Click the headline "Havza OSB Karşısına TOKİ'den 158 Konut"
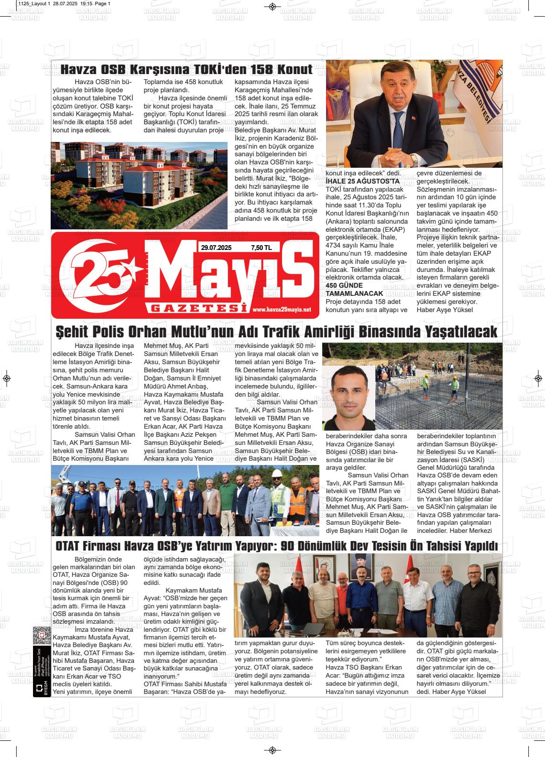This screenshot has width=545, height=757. tap(186, 69)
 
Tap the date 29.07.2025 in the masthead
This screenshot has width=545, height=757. tap(216, 248)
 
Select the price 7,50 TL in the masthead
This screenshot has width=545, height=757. tap(261, 248)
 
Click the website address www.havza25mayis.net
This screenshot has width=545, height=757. tap(281, 310)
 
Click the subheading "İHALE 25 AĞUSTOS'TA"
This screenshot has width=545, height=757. tap(362, 182)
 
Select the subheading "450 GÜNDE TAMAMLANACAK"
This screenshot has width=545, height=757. tap(354, 289)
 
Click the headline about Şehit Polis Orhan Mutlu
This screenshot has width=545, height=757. tap(276, 332)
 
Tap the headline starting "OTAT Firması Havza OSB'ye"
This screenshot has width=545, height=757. tap(276, 546)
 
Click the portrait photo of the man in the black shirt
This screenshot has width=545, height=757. tap(348, 398)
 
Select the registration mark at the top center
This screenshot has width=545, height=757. tap(272, 6)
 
